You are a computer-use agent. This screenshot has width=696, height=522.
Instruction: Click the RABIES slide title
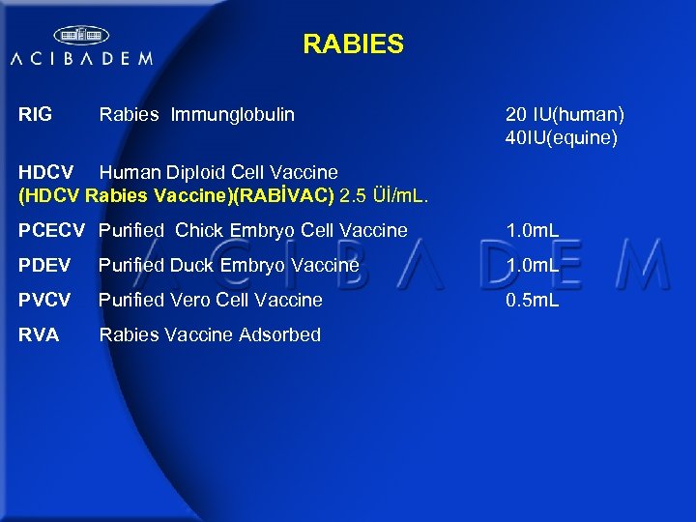(x=353, y=44)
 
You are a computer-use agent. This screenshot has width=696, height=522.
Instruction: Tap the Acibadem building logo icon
(x=81, y=36)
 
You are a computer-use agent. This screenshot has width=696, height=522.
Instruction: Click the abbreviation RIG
(x=35, y=115)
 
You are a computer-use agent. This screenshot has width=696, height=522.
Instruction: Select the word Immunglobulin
(x=233, y=115)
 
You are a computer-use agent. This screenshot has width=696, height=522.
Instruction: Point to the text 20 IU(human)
(x=565, y=115)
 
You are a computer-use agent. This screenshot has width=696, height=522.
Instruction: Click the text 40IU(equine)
(x=561, y=138)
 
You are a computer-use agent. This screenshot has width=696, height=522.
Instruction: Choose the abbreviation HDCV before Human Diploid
(x=46, y=173)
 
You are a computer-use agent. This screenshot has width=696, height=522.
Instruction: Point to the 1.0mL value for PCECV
(x=533, y=231)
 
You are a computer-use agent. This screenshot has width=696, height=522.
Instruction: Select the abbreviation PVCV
(x=44, y=301)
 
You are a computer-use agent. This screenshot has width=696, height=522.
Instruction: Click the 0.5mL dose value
(x=533, y=301)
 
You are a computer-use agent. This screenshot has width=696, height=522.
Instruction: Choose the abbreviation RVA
(x=39, y=335)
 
